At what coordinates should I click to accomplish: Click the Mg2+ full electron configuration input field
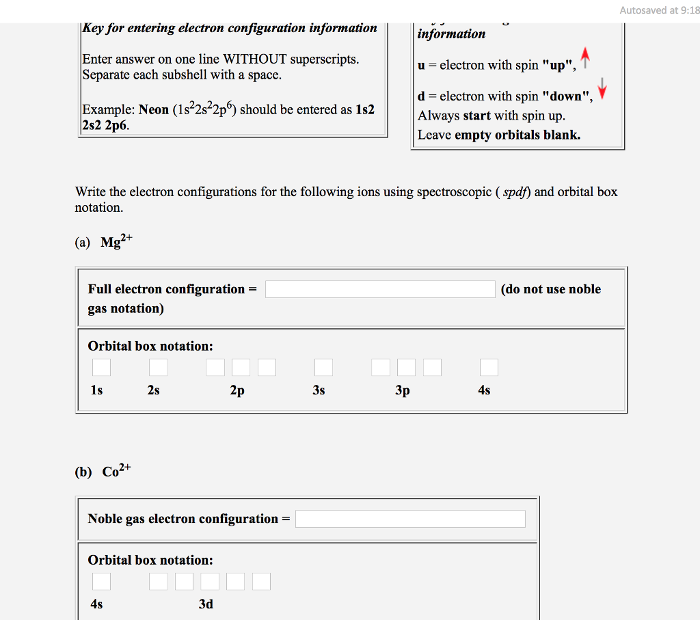coord(380,289)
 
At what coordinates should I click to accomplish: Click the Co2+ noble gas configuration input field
coord(410,519)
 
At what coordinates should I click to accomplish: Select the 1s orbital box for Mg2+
coord(101,368)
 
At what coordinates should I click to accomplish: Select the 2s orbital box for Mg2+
coord(158,368)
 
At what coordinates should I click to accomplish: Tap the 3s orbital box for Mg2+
coord(323,368)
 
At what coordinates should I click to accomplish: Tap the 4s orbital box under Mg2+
coord(489,368)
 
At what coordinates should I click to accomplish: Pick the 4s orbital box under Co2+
coord(101,582)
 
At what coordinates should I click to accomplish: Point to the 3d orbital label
coord(206,604)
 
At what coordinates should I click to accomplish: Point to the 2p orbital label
coord(237,390)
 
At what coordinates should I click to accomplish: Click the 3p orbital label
coord(403,390)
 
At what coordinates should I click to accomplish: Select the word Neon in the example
coord(154,109)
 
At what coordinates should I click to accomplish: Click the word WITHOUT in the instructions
coord(255,59)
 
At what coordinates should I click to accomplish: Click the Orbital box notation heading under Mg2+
coord(150,346)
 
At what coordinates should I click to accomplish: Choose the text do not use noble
coord(551,289)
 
